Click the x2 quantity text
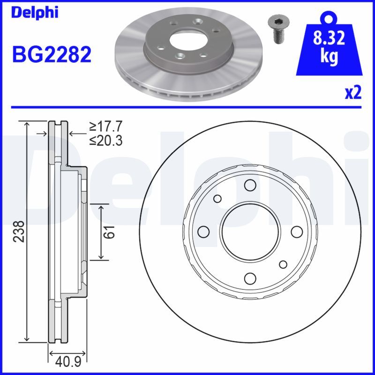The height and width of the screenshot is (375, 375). point(352,93)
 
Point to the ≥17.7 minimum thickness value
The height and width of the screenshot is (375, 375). point(105,127)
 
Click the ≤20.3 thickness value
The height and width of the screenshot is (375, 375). point(105,140)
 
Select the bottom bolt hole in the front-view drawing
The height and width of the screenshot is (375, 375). point(250,278)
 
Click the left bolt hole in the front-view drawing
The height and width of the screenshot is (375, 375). point(203,232)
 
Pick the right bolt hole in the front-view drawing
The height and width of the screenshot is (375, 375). point(297,232)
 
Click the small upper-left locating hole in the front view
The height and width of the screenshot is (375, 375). point(217,199)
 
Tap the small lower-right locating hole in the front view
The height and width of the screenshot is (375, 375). point(283,264)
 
